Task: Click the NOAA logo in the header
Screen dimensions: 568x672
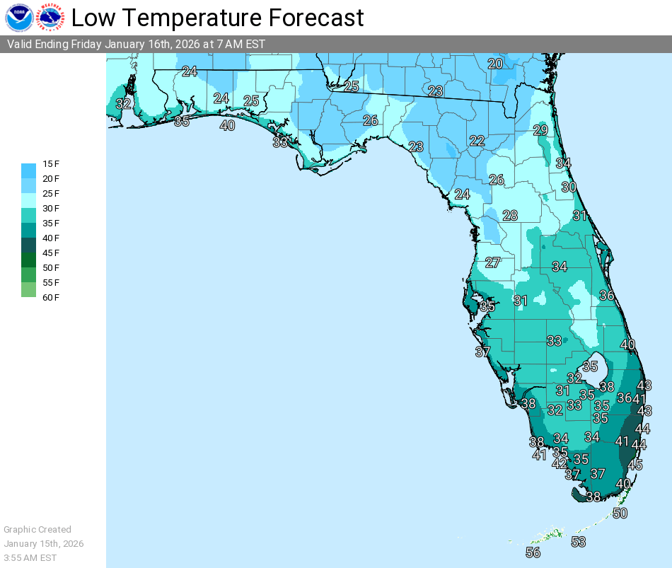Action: point(19,17)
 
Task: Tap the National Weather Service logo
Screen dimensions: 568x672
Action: point(52,17)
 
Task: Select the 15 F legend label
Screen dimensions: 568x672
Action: point(51,164)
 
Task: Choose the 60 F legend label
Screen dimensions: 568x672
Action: point(51,298)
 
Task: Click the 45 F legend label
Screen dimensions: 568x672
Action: point(51,253)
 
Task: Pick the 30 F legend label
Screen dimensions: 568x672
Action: point(51,209)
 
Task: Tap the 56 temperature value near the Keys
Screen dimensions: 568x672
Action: point(533,552)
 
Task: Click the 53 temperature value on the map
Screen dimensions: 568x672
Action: point(579,542)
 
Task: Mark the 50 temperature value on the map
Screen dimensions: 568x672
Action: point(620,514)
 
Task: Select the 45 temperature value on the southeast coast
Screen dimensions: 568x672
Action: point(635,465)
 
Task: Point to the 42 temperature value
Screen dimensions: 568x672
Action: point(560,464)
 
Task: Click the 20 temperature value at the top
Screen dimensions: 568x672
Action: point(495,64)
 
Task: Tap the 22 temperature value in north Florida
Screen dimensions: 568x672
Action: point(477,141)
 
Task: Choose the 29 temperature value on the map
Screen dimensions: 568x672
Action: point(540,130)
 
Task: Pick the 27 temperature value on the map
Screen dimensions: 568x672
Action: point(493,262)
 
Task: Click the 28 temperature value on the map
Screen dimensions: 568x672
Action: point(510,216)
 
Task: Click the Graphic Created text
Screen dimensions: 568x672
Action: point(37,529)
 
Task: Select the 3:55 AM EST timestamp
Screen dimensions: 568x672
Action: point(30,557)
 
